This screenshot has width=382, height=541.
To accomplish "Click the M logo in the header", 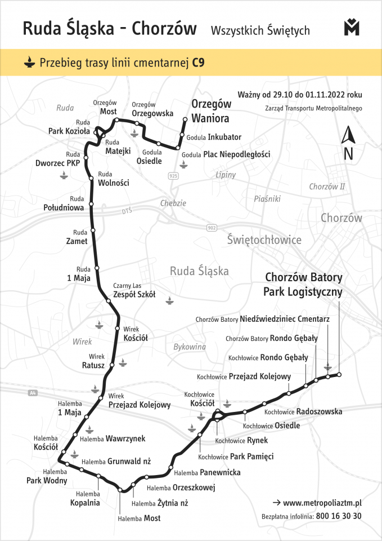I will [x=352, y=28].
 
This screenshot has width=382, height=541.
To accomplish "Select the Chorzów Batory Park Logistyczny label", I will [x=303, y=285].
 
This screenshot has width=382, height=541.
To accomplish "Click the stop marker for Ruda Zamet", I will [x=93, y=230].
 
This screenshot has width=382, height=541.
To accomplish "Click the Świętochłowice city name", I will [x=264, y=240].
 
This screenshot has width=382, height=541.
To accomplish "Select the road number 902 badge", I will [x=212, y=227].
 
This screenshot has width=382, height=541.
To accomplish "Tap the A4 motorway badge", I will [x=32, y=393].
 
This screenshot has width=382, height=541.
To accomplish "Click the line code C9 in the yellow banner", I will [x=197, y=63].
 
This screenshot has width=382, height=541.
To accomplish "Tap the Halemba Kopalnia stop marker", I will [x=99, y=476].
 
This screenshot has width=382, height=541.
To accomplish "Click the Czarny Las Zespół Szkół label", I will [x=134, y=290].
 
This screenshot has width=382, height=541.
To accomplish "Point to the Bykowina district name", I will [x=190, y=347].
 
